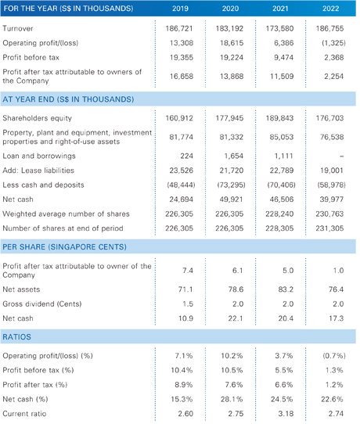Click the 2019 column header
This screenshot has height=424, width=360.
tap(180, 9)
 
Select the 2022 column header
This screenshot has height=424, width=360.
tap(330, 9)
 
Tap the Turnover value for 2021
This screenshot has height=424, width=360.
tap(279, 28)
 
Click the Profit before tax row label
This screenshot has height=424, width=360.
tap(31, 57)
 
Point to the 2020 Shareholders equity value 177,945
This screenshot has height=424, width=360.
tap(229, 118)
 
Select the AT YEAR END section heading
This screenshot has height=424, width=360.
tap(68, 99)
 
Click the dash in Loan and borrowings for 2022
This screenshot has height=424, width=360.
tap(341, 156)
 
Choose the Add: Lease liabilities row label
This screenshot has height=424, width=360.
tap(38, 171)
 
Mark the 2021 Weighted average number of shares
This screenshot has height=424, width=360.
tap(279, 214)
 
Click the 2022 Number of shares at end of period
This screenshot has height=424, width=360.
tap(329, 228)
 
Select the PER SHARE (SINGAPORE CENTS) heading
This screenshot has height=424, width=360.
tap(64, 247)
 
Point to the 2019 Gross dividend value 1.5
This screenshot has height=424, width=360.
tap(188, 304)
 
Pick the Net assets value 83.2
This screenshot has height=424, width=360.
tap(286, 289)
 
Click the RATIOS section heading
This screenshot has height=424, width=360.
tap(16, 337)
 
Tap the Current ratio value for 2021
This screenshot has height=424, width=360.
tap(286, 414)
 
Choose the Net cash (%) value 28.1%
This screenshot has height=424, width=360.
tap(232, 399)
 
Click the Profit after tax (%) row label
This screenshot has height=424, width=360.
tap(35, 385)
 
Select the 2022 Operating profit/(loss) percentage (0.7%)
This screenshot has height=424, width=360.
tap(334, 356)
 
